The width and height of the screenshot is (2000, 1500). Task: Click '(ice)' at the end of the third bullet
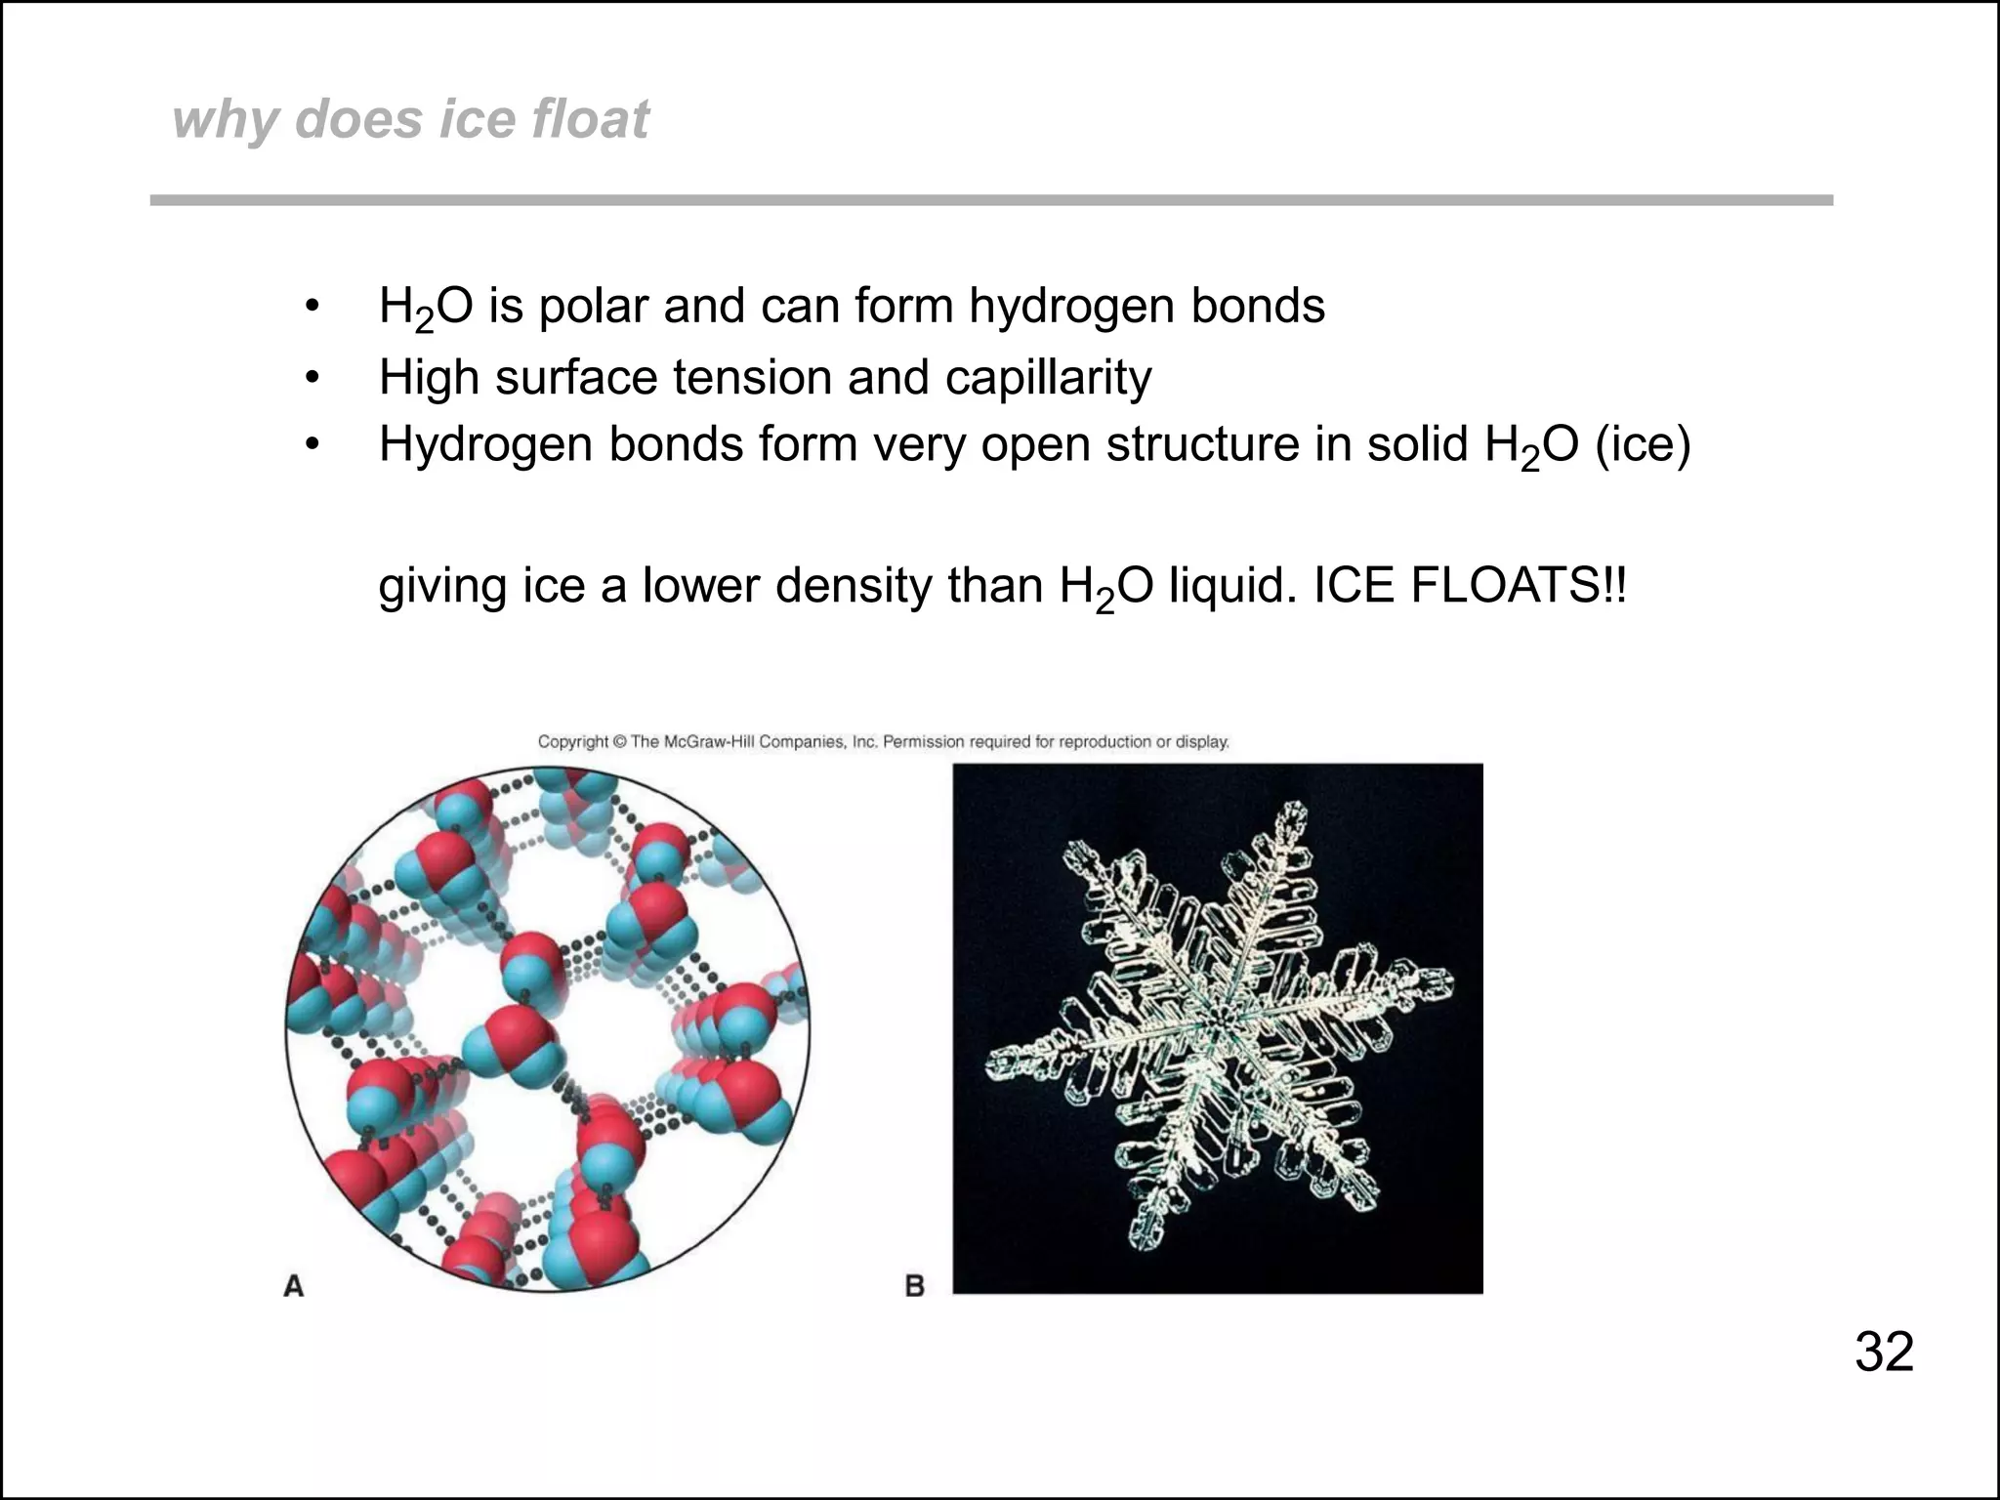[1643, 445]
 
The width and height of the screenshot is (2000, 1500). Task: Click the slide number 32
[1884, 1352]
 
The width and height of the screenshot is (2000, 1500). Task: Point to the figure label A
[294, 1286]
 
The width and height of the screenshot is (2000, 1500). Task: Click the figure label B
[915, 1286]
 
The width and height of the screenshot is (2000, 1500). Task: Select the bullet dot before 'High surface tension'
[312, 378]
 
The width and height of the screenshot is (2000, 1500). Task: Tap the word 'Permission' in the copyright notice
[923, 742]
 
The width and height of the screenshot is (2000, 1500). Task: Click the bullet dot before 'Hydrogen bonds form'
[312, 445]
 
